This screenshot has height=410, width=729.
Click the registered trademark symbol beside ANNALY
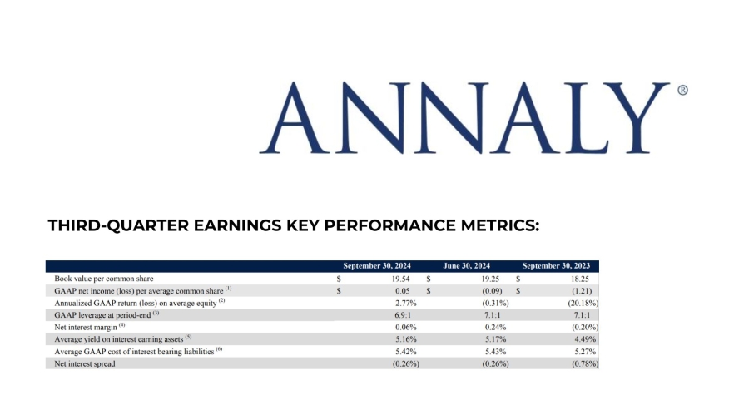[x=682, y=91]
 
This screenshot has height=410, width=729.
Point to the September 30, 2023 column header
[x=560, y=265]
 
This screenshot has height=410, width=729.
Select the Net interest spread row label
[x=84, y=363]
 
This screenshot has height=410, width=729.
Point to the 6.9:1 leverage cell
[x=405, y=314]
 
